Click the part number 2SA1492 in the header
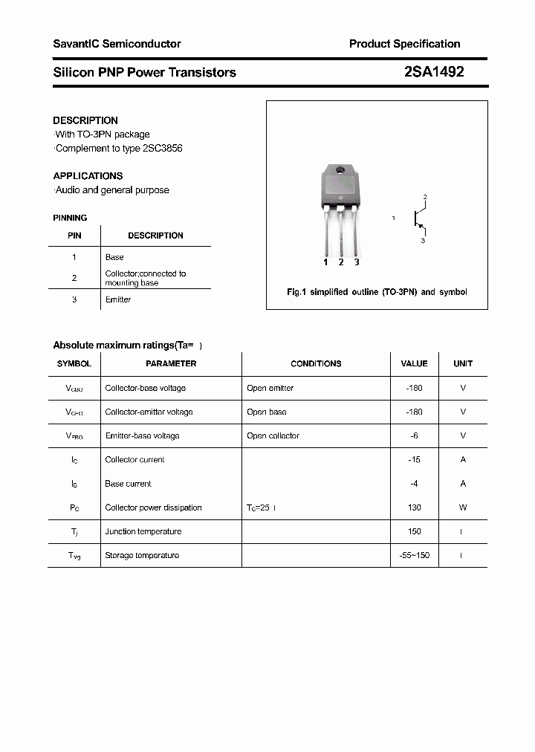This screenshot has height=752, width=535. (x=434, y=72)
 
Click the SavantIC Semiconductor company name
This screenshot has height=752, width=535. (x=117, y=44)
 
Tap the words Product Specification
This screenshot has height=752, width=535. (x=404, y=44)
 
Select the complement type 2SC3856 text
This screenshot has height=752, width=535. (x=162, y=148)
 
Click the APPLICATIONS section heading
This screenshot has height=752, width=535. (x=88, y=176)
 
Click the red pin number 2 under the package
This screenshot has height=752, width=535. (x=341, y=262)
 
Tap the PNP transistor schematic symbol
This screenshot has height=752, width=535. (x=420, y=218)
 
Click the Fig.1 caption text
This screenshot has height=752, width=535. (x=377, y=292)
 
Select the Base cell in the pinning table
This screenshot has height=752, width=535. (x=114, y=257)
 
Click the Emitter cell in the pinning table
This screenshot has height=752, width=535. (x=118, y=299)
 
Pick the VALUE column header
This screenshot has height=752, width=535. (x=414, y=363)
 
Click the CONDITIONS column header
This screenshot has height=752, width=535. (x=316, y=363)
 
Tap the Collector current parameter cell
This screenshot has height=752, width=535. (x=134, y=460)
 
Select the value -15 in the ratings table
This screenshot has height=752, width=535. (x=414, y=460)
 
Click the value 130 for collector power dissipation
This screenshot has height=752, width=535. (x=414, y=508)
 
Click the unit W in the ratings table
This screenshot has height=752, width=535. (x=463, y=508)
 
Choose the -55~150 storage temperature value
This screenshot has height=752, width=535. (x=414, y=555)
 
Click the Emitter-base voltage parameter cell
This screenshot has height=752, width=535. (x=142, y=435)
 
